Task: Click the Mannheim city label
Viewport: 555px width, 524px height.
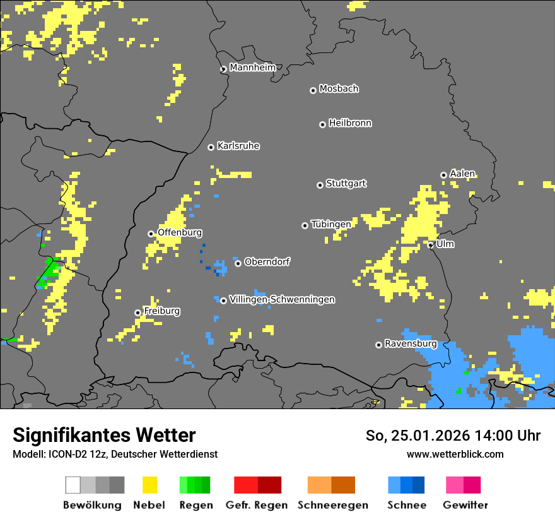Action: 252,68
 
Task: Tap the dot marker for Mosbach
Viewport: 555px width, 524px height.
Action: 313,90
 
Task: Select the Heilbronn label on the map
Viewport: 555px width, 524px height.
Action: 350,123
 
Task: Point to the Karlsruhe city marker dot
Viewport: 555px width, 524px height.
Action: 211,147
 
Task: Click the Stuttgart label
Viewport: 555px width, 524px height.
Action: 346,184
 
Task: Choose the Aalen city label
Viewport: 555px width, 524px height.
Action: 462,174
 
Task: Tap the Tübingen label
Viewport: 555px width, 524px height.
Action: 331,224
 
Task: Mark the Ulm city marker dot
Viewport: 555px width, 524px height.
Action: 431,245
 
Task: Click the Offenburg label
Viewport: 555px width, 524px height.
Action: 179,232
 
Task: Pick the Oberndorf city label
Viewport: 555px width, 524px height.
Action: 267,261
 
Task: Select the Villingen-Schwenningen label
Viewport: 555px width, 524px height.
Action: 282,299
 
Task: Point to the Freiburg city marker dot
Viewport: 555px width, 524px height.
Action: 137,313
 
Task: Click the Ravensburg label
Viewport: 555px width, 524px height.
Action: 411,343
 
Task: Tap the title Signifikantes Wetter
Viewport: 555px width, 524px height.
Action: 104,435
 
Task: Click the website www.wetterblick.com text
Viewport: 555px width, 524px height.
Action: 455,454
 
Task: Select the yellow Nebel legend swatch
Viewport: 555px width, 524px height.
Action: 149,485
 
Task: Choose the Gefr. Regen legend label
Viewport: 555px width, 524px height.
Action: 256,505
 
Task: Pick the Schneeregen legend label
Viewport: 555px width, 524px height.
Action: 332,505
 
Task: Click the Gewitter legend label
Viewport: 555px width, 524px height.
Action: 465,505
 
